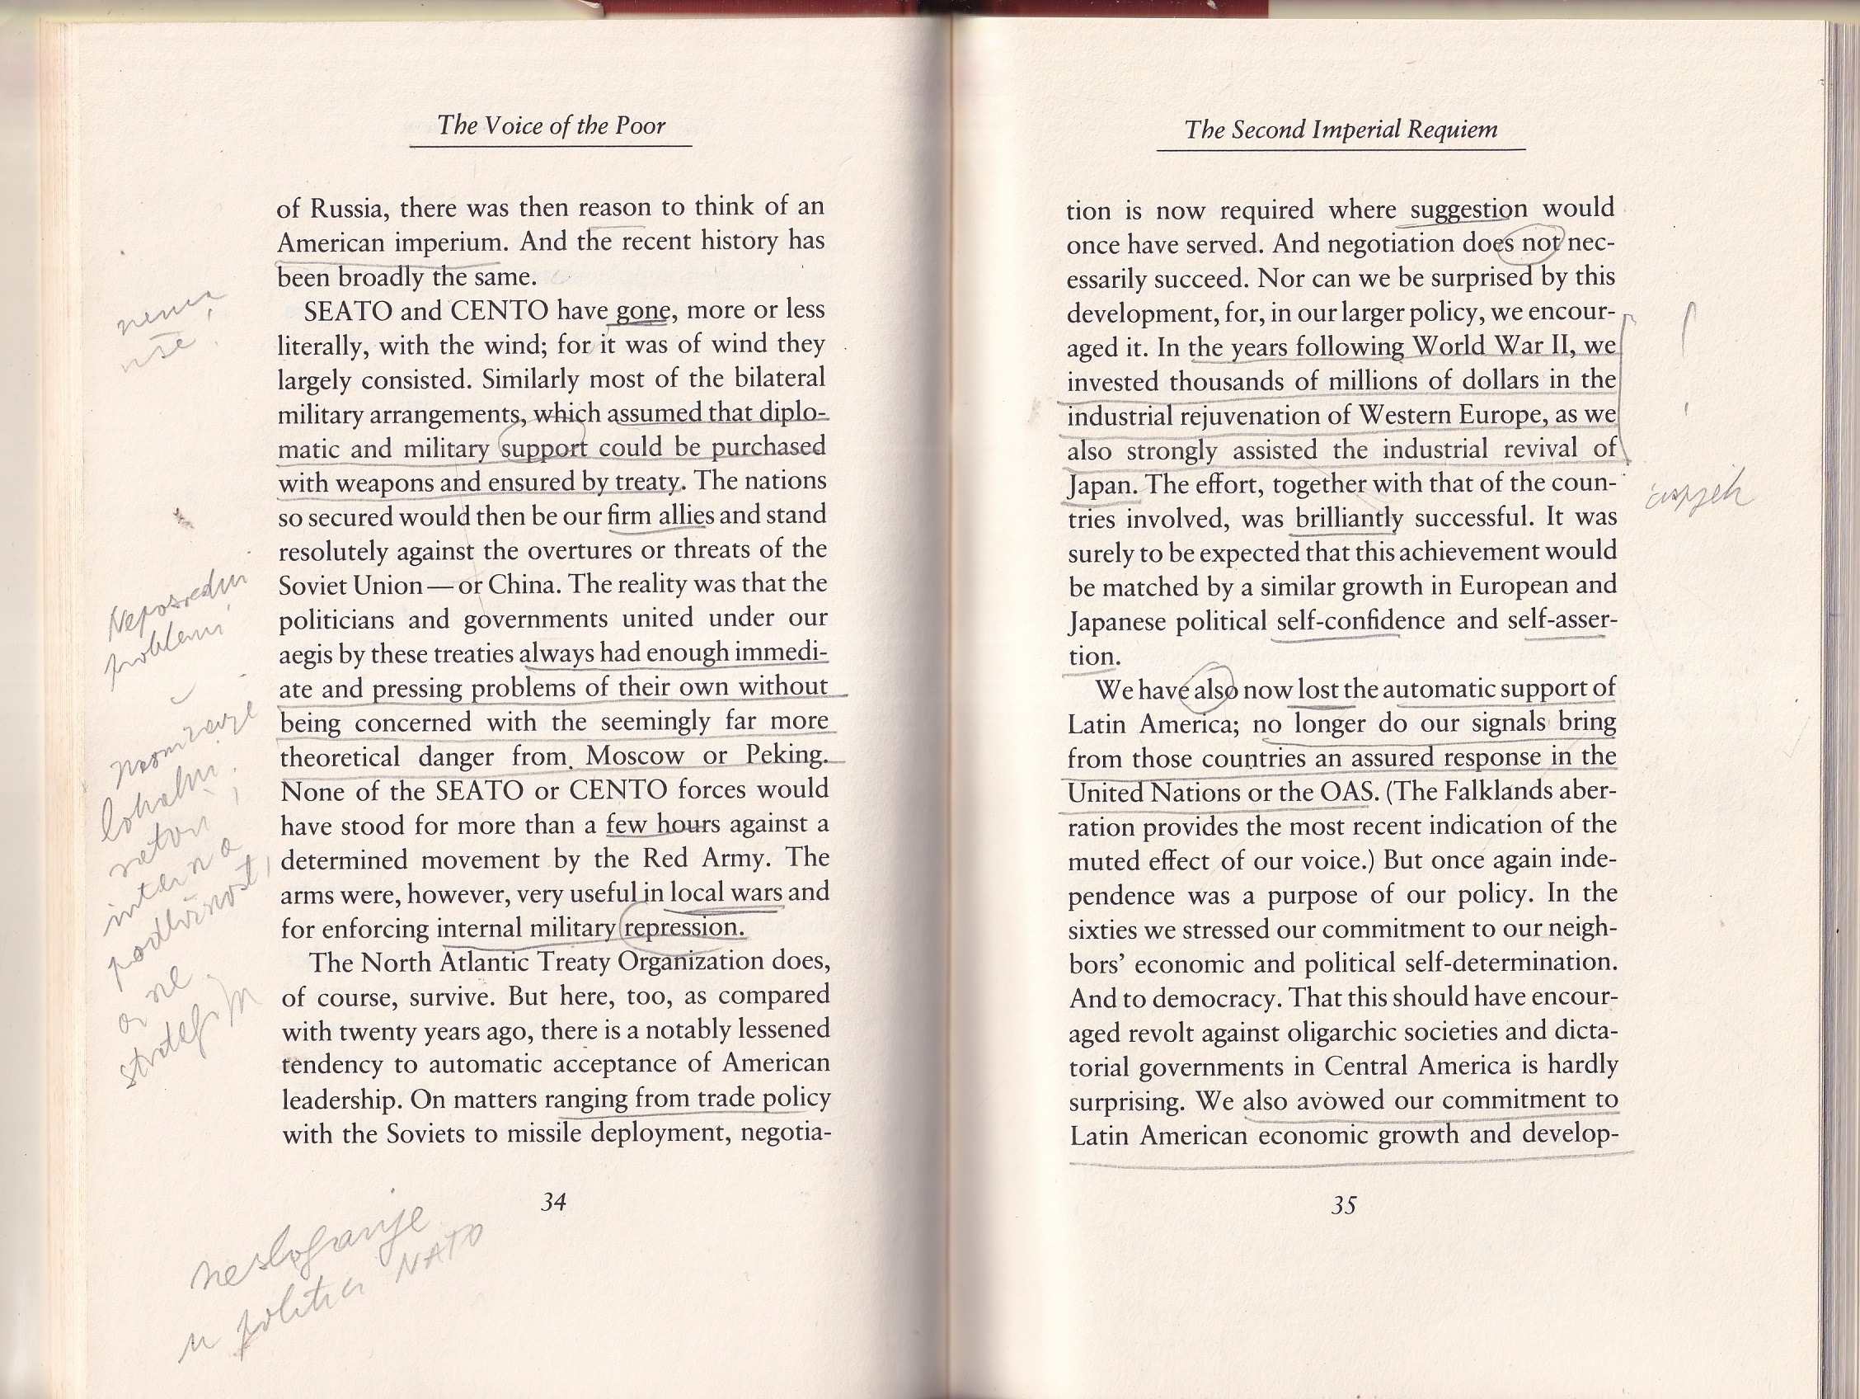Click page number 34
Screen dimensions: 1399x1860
coord(553,1202)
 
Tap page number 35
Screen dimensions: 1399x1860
coord(1343,1205)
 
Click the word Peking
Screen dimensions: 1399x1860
coord(787,755)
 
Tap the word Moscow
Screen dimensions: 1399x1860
coord(634,756)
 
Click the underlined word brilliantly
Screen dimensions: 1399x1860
coord(1349,518)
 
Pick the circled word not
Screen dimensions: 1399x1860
coord(1538,243)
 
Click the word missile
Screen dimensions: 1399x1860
coord(544,1134)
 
